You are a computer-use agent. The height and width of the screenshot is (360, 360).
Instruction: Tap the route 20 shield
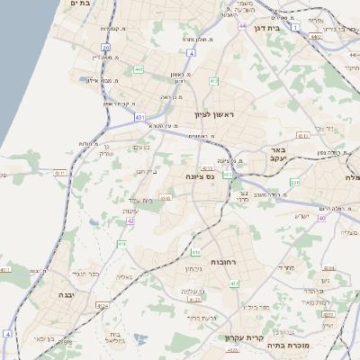[106, 47]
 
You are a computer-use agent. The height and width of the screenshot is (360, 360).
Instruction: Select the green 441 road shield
[138, 69]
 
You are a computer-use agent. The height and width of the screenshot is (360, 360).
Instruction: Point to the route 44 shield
[242, 26]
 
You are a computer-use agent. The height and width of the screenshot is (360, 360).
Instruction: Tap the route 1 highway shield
[320, 28]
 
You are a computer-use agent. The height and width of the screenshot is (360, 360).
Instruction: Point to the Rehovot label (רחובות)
[222, 260]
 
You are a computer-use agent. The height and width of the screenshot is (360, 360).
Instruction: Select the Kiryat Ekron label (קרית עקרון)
[244, 338]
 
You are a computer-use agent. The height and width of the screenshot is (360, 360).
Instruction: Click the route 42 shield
[130, 220]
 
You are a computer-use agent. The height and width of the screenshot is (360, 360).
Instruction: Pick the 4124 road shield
[102, 306]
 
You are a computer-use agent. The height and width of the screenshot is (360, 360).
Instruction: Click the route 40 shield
[322, 218]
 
